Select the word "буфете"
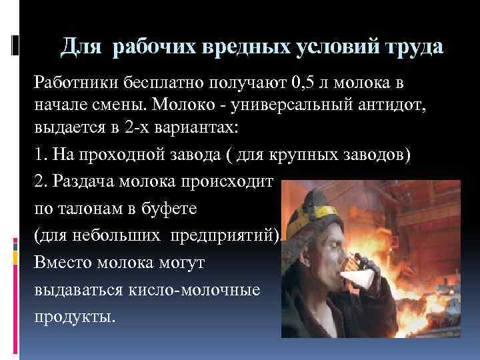pos(175,209)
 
